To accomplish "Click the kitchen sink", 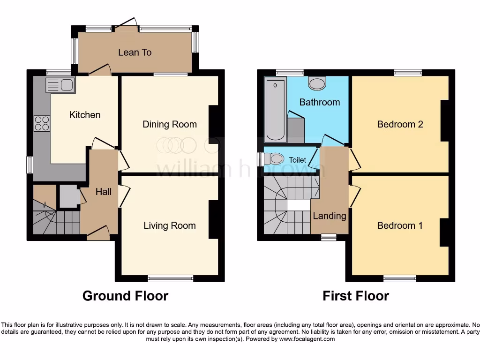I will click(x=60, y=85).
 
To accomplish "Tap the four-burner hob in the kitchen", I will click(x=42, y=123).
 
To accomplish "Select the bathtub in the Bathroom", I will click(x=276, y=110).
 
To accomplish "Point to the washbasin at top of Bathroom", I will click(x=317, y=84).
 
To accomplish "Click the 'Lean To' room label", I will click(x=135, y=52).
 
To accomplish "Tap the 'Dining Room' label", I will click(x=170, y=124).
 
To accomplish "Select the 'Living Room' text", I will click(x=169, y=225).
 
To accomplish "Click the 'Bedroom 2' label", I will click(x=400, y=124).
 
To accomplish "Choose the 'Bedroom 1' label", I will click(x=400, y=225).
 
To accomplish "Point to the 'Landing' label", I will click(x=330, y=216).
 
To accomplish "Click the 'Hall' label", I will click(x=104, y=191).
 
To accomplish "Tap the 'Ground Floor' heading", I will click(x=125, y=296).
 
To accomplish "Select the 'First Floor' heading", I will click(x=356, y=296).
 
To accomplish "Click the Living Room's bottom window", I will click(x=171, y=278).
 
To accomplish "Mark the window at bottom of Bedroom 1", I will click(x=399, y=278).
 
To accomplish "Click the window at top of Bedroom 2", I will click(x=408, y=72).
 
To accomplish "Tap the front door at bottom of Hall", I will click(x=98, y=232).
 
